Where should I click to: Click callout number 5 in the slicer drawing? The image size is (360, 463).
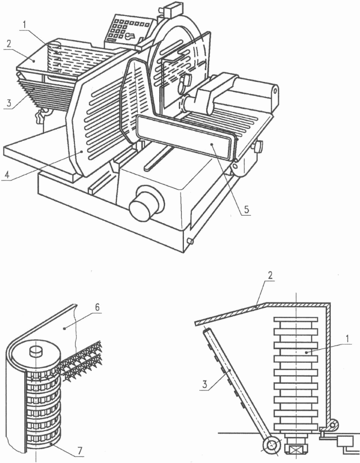coord(246,209)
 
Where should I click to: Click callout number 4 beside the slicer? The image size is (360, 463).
coord(7,174)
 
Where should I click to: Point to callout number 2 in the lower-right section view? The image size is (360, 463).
coord(271,275)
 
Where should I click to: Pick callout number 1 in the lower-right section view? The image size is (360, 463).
coord(349,339)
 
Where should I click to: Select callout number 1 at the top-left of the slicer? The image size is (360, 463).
coord(25,25)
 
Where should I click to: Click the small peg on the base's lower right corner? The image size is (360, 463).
coord(190,241)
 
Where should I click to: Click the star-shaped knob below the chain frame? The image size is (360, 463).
coord(41,115)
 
